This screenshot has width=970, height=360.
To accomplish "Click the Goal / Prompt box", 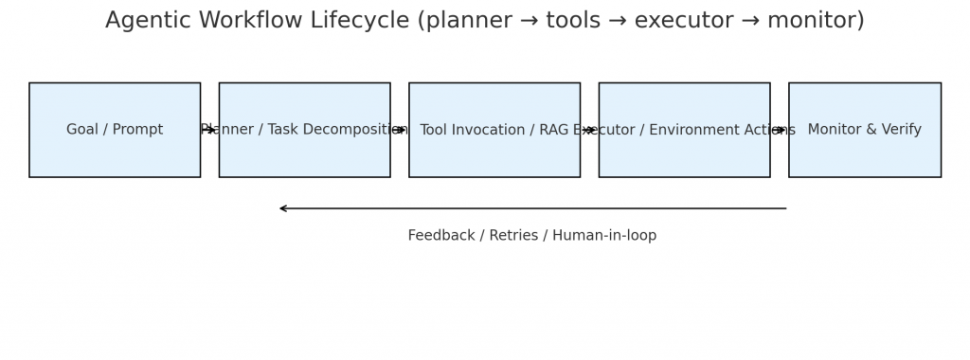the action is (x=115, y=130).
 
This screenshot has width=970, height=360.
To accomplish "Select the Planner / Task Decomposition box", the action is (x=304, y=130).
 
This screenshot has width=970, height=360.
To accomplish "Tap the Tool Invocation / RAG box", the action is (x=494, y=130).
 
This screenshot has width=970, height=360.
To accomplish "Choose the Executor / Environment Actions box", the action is (x=684, y=130).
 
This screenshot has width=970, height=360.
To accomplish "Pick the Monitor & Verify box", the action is (x=865, y=130).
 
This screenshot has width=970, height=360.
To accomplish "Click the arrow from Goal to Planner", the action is (x=209, y=130).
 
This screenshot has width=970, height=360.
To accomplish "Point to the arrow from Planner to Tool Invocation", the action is (x=400, y=130).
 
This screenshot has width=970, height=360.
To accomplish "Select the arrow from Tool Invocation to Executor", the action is (x=589, y=130).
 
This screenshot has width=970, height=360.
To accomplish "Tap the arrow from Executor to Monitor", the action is (x=780, y=130).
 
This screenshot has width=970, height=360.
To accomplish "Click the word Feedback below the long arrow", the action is (x=441, y=236).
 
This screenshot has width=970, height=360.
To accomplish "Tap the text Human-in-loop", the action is (x=604, y=236).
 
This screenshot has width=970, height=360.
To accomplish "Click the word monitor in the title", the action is (x=814, y=21).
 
